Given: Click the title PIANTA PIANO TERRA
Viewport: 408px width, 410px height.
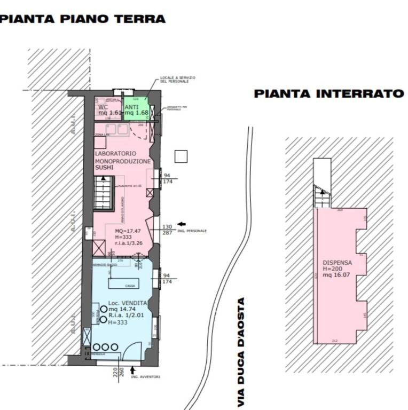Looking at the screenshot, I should tap(83, 19).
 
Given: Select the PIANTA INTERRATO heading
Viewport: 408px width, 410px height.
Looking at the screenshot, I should tap(328, 94).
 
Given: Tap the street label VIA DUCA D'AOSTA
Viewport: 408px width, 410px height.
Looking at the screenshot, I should tap(241, 352).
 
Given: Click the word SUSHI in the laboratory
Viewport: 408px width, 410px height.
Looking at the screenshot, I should tap(104, 167).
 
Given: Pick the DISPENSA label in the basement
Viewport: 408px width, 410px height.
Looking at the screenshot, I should tap(337, 262).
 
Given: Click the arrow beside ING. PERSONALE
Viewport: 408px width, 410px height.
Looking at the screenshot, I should tap(181, 224).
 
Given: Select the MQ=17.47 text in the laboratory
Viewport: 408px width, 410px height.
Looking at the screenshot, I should tap(127, 231).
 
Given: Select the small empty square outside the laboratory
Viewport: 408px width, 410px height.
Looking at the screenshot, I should tap(181, 156).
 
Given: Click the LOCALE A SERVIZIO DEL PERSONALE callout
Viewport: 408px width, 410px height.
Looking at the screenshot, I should tap(178, 80).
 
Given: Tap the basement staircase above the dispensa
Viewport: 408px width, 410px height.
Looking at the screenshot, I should tap(321, 195).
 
